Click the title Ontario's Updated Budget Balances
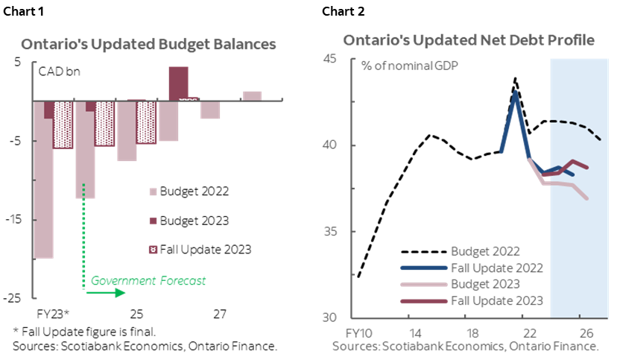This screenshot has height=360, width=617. coord(148,44)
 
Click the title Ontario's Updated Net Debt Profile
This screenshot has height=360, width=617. coord(468,40)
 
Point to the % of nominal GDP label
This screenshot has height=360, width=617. coord(410,65)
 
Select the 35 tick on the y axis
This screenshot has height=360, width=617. coord(329,231)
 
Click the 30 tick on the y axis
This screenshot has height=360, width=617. coord(329,317)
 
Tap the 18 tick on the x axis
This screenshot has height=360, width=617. coord(471,332)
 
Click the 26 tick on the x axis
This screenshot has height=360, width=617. coord(586,332)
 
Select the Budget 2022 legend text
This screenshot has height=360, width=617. coord(484,250)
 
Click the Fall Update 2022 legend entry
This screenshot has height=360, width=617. coord(496,268)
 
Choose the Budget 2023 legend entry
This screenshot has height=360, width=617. coord(484,284)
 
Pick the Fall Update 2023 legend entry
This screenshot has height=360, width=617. coord(496,301)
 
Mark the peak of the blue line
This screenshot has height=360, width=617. coord(515,92)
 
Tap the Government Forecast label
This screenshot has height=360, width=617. coord(148,281)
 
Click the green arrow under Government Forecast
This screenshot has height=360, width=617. coord(105,293)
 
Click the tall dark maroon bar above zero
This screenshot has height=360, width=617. coord(178,83)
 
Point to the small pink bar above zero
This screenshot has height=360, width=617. coord(252,95)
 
